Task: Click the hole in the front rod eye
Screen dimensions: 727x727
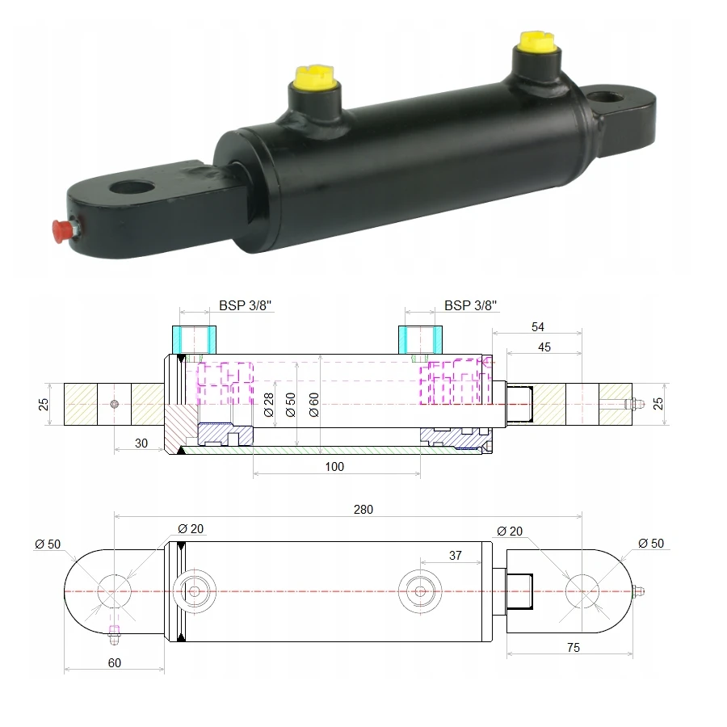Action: click(x=132, y=187)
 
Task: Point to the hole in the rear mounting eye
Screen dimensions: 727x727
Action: click(x=604, y=99)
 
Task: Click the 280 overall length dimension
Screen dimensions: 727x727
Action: click(x=363, y=510)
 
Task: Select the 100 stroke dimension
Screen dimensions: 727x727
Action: click(x=334, y=466)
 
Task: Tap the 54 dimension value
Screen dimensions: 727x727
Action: click(x=537, y=327)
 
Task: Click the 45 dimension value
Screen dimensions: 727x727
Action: click(x=544, y=347)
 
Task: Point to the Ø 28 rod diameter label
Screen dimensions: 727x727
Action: click(x=268, y=405)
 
